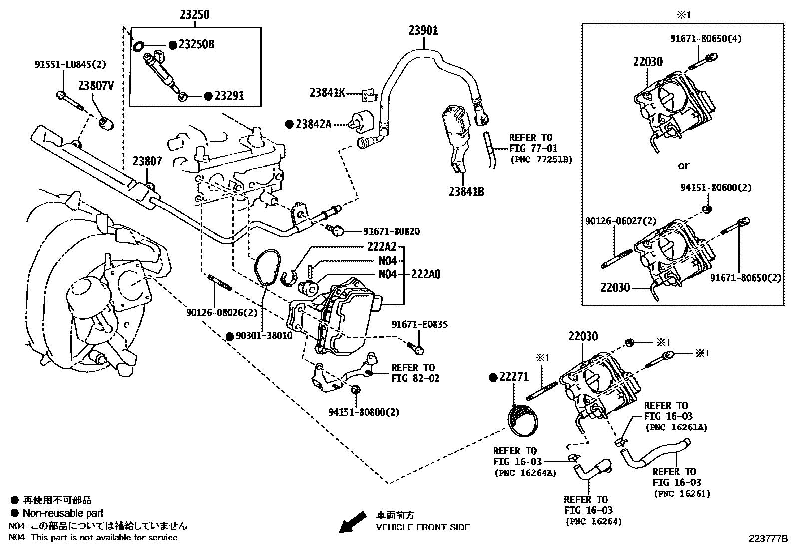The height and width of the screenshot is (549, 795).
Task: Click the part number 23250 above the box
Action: [194, 15]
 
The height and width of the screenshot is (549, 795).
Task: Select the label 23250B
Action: [196, 45]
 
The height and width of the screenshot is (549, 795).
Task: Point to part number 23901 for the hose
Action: [423, 31]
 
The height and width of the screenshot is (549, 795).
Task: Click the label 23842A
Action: [313, 124]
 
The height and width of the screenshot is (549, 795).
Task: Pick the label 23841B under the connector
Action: [465, 191]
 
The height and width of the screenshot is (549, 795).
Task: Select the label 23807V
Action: [96, 85]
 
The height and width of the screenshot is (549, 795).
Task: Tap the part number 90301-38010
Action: [263, 336]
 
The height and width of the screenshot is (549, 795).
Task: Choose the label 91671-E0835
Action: [419, 325]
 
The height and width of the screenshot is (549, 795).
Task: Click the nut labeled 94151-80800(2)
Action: [355, 390]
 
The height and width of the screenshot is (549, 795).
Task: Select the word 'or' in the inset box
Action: [683, 165]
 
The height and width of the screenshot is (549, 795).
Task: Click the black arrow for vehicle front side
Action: [352, 523]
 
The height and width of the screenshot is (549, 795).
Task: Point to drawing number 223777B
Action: [767, 539]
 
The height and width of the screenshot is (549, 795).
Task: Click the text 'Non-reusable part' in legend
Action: [63, 513]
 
